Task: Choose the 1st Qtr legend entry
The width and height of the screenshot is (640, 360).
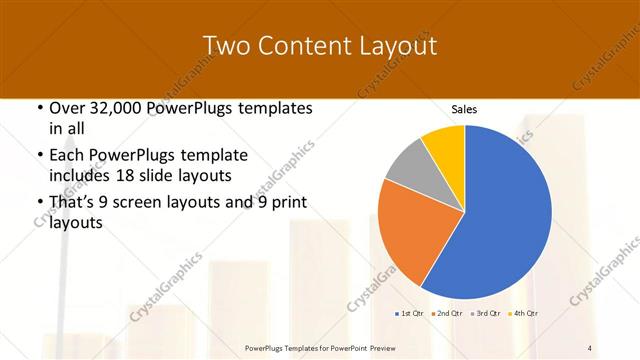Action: [x=410, y=314]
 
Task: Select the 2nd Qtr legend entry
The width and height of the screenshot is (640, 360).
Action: [x=447, y=314]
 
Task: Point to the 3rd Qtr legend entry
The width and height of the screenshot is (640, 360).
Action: [x=485, y=314]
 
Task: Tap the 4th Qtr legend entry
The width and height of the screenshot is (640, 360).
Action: [x=523, y=314]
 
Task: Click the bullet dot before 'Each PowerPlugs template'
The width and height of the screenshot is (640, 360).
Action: [x=39, y=156]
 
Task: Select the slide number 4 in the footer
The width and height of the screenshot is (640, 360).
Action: [x=590, y=347]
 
